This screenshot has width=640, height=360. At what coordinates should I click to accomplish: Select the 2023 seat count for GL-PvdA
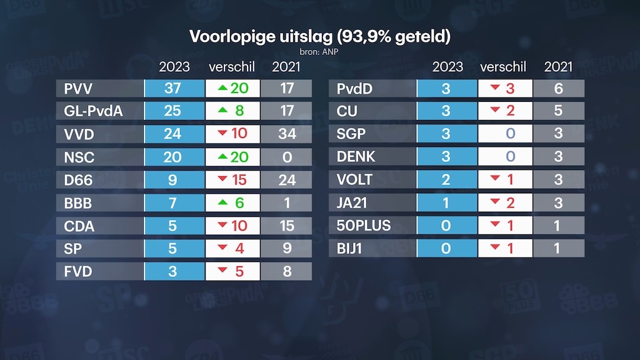[172, 111]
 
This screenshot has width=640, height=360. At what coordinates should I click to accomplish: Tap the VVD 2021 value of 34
[287, 134]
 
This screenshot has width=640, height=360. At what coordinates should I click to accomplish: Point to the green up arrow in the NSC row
[222, 157]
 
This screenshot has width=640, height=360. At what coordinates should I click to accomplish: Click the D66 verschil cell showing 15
[232, 180]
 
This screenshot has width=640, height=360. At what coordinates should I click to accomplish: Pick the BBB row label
[79, 202]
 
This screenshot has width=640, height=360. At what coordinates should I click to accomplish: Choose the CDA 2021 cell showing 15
[287, 226]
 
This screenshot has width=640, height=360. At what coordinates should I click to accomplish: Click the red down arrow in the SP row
[222, 248]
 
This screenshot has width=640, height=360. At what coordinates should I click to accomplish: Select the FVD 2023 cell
[172, 271]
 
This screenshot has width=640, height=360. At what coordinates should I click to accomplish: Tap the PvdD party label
[354, 89]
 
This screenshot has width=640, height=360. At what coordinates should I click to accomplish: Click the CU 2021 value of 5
[558, 111]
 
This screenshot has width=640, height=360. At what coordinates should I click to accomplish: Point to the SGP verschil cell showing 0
[505, 134]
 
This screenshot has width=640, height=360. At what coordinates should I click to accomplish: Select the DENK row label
[356, 157]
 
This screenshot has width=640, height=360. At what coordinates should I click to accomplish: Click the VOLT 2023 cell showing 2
[446, 180]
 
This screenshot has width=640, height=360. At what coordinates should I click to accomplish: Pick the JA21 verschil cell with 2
[505, 202]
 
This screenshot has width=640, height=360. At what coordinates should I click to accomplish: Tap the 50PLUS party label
[364, 226]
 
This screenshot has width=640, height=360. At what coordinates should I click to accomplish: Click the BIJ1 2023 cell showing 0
[446, 248]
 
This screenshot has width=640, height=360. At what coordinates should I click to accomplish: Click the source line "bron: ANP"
[319, 52]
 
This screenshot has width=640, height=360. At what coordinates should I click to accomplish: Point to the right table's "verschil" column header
[503, 67]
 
